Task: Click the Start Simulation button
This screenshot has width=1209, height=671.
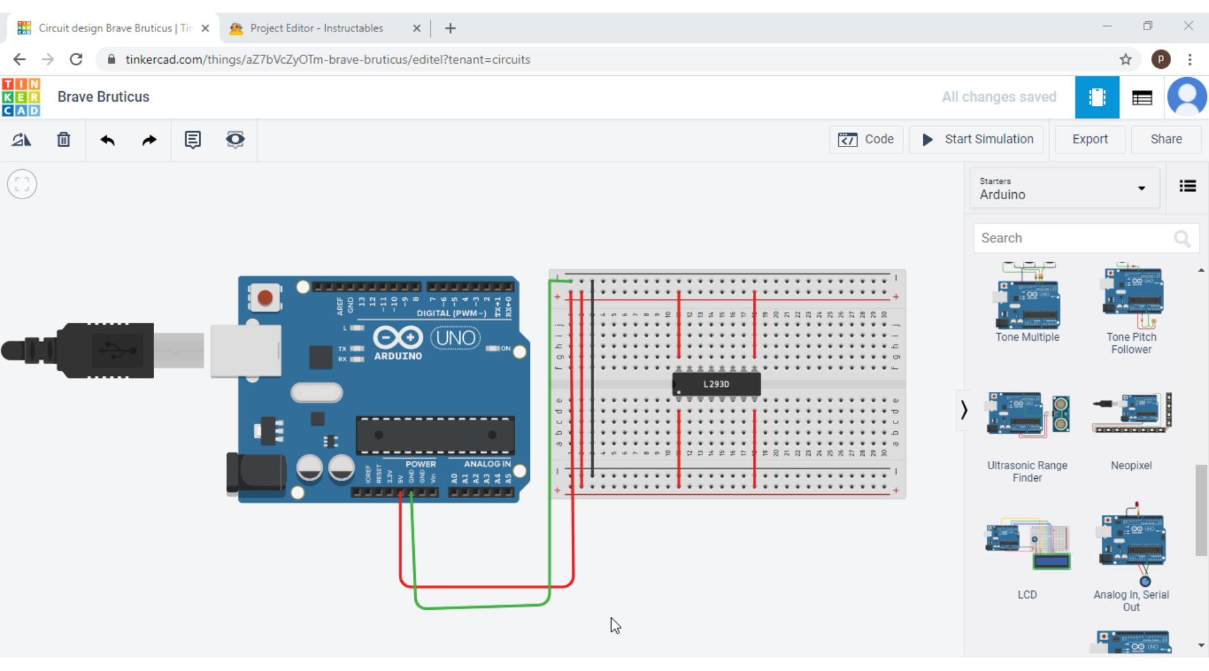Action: (978, 139)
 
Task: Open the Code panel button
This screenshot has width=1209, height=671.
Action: (866, 139)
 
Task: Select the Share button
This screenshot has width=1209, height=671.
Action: (1165, 139)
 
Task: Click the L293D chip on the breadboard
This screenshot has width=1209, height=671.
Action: (716, 384)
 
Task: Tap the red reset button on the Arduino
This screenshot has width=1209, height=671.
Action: (265, 298)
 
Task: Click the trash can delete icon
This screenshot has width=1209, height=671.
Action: (64, 139)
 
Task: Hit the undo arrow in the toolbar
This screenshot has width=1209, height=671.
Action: (107, 140)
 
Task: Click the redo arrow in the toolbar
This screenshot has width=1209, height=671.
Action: (149, 140)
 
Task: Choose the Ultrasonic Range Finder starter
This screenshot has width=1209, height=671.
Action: (1027, 415)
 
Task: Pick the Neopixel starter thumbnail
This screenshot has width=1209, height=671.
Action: (1131, 413)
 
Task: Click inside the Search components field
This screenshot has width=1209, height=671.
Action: (1073, 238)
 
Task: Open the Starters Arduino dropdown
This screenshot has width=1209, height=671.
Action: (1064, 188)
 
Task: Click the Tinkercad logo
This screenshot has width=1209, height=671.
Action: (21, 97)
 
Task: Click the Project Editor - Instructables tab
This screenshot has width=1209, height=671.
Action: (317, 28)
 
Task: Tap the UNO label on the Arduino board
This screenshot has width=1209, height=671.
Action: (455, 338)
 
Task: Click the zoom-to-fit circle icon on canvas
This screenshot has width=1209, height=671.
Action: (22, 184)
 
